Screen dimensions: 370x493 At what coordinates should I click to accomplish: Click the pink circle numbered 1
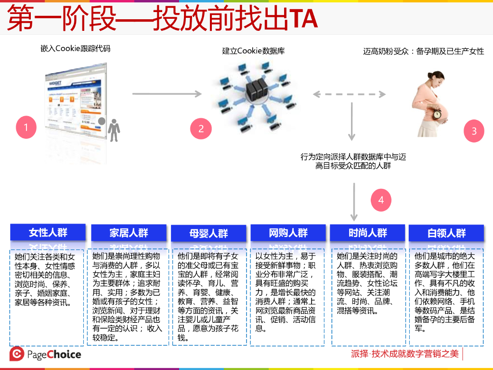pos(26,127)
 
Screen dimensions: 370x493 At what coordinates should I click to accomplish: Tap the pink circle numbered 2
pos(201,128)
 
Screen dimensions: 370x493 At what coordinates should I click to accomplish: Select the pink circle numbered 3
pos(474,131)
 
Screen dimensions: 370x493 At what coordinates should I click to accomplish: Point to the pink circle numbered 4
pos(381,200)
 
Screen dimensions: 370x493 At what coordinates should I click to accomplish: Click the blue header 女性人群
pos(48,233)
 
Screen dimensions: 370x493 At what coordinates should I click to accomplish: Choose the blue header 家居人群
pos(129,233)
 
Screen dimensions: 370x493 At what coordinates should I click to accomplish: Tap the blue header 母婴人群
pos(208,234)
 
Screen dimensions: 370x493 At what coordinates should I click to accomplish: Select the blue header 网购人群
pos(288,233)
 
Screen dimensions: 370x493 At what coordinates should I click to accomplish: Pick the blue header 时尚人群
pos(368,233)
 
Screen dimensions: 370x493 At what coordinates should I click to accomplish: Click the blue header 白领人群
pos(446,234)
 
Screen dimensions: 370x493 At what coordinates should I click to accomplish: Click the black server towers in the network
pos(255,89)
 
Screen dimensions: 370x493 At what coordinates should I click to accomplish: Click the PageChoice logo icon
pos(17,354)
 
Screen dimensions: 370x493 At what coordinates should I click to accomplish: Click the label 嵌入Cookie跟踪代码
pos(76,48)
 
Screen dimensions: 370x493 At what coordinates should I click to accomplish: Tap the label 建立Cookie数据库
pos(253,51)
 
